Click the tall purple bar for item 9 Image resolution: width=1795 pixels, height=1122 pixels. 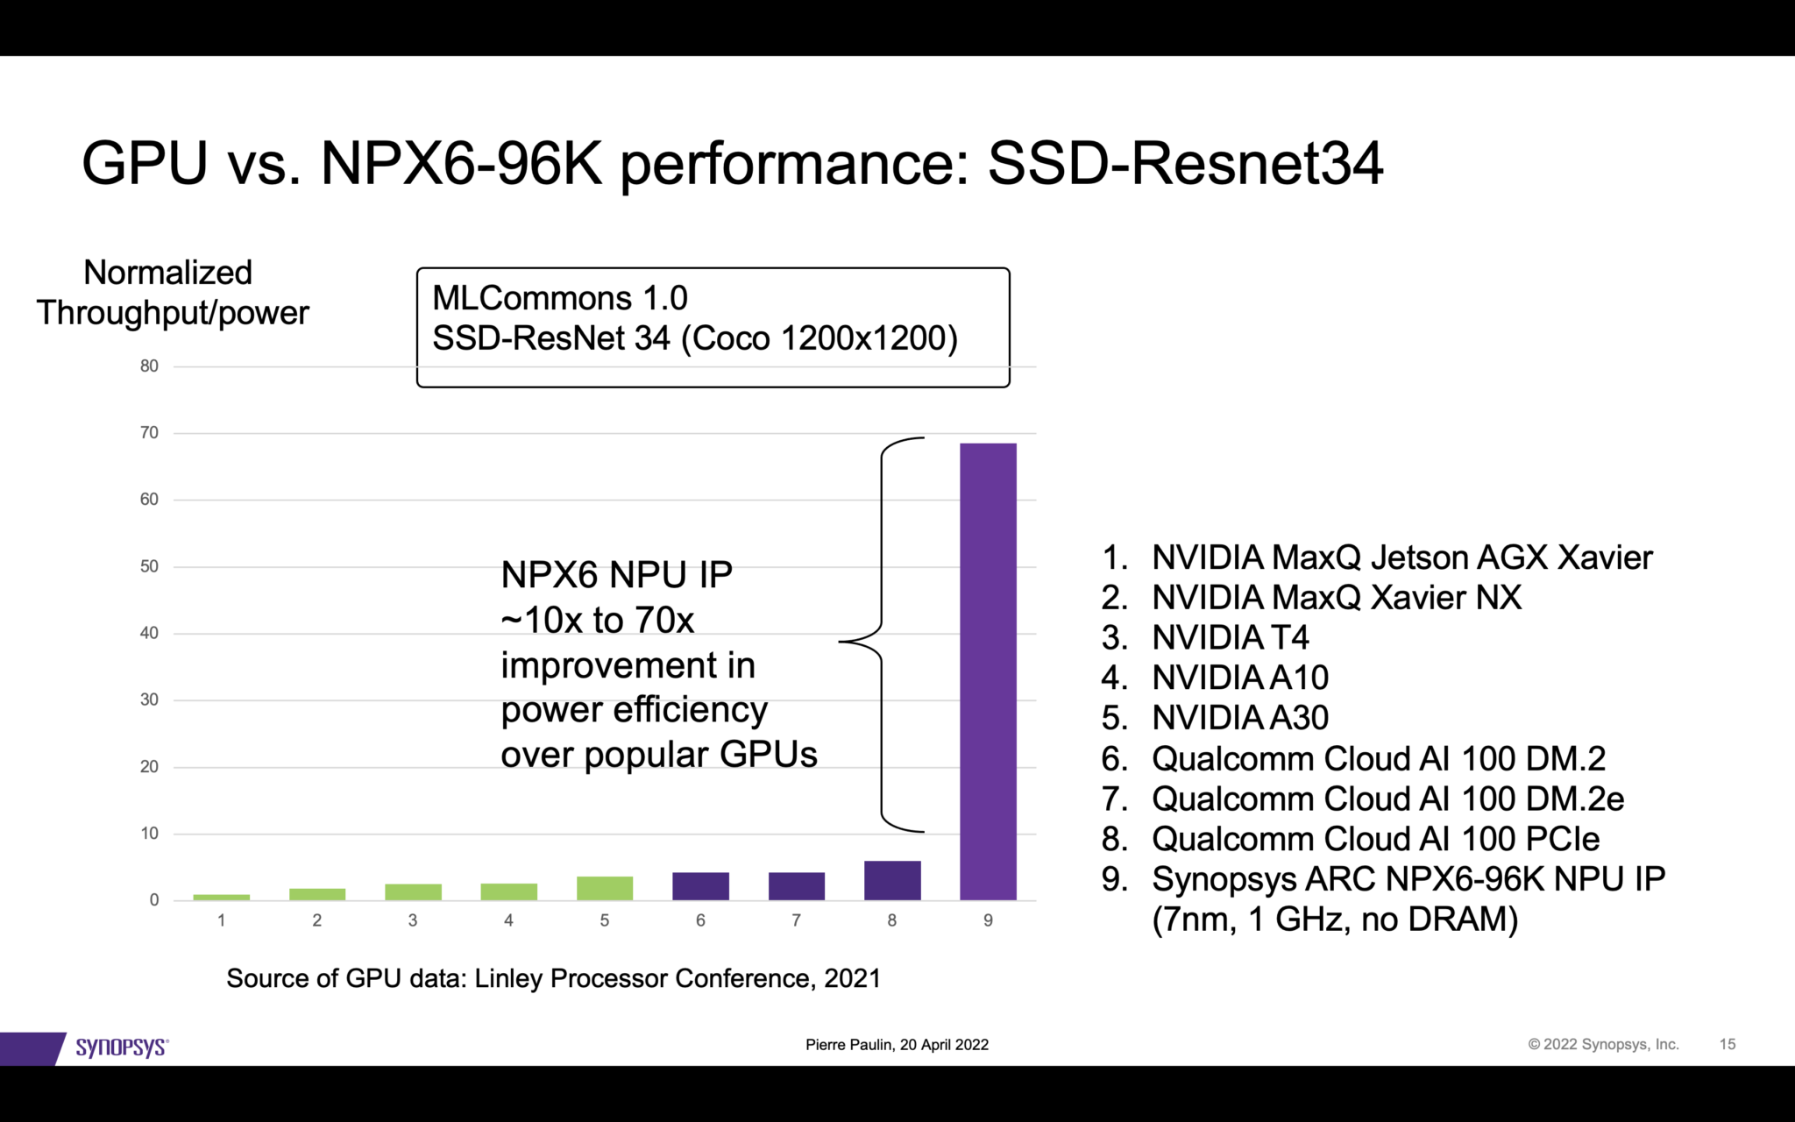coord(988,671)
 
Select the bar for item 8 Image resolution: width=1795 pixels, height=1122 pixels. coord(892,880)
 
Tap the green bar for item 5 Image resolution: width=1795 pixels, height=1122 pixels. coord(605,888)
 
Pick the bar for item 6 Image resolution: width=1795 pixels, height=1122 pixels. coord(700,886)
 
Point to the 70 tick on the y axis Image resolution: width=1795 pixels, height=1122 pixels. coord(150,433)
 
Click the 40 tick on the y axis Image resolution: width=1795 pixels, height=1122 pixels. coord(150,633)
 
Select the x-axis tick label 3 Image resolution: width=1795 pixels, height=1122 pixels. coord(413,920)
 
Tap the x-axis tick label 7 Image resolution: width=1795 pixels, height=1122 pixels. coord(796,920)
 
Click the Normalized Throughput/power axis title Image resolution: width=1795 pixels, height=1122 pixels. coord(172,293)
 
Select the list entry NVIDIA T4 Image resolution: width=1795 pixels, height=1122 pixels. coord(1230,637)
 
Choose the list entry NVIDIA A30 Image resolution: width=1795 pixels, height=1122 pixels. coord(1239,718)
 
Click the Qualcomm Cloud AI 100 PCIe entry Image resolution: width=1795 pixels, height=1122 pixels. coord(1374,839)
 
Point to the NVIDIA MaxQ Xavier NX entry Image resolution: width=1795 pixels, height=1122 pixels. coord(1336,598)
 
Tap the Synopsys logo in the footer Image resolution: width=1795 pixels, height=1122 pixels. coord(121,1047)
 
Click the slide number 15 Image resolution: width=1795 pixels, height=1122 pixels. coord(1727,1044)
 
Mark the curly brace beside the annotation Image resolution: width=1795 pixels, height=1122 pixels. coord(881,634)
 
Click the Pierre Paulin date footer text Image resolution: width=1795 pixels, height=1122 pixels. coord(897,1045)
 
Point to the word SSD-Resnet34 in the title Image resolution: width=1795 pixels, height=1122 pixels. coord(1185,164)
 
